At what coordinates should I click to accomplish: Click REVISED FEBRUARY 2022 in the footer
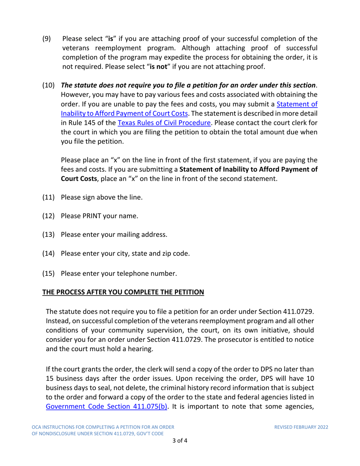click(301, 427)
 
